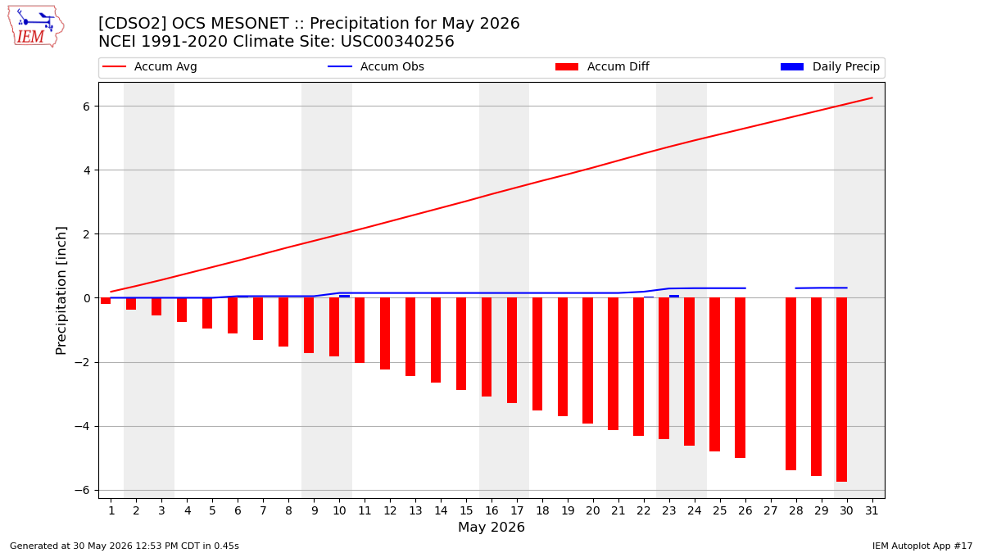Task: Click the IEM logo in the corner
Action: (35, 26)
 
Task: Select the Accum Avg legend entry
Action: (150, 66)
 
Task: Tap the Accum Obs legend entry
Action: (376, 66)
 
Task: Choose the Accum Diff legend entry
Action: (602, 66)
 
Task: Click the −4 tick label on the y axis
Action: (82, 426)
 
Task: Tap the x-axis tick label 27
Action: (770, 510)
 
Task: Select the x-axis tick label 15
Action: (466, 510)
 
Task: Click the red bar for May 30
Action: (841, 390)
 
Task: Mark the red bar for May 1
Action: (106, 301)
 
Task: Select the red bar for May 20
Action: (587, 360)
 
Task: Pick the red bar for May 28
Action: (790, 384)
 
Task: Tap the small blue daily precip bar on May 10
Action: (345, 297)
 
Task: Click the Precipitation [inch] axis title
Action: (61, 291)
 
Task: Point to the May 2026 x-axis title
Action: (491, 527)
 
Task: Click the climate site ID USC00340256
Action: (397, 42)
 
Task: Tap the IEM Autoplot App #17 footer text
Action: (922, 546)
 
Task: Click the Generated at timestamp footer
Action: (125, 546)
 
